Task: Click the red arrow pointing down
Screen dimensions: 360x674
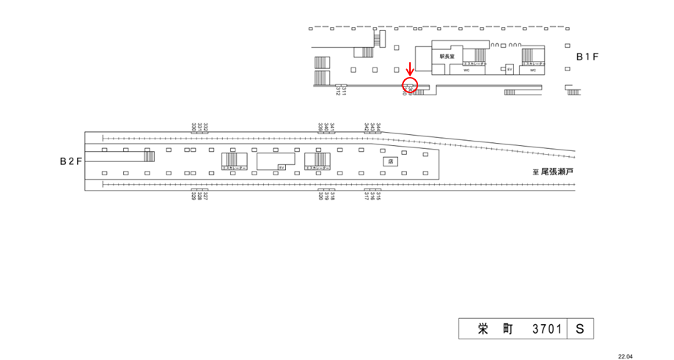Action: (409, 69)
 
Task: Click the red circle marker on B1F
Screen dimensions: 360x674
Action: (409, 85)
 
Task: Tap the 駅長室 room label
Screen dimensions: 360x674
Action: (447, 56)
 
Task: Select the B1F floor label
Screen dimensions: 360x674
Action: (589, 56)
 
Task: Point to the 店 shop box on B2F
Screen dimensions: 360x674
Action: (390, 161)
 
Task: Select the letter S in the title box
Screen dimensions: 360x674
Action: (579, 330)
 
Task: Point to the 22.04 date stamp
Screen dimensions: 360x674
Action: (625, 355)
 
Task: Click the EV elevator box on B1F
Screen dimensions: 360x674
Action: (510, 69)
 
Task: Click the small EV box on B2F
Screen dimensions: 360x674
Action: (281, 167)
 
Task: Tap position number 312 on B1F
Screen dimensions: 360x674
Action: (338, 91)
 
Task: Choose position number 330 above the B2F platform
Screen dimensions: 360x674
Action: (194, 128)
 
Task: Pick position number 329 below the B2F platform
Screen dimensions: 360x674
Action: (194, 196)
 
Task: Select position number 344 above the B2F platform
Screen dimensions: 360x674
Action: (378, 128)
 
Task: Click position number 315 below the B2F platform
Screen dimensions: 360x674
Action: (378, 196)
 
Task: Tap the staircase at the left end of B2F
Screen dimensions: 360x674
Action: (149, 155)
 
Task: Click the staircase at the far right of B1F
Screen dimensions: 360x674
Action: (573, 91)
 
